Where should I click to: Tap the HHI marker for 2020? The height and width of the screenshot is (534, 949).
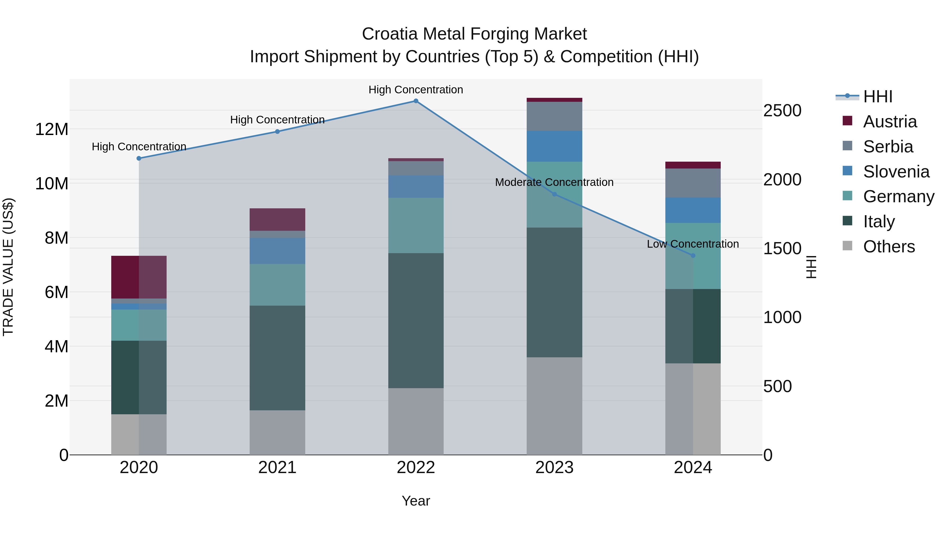[139, 158]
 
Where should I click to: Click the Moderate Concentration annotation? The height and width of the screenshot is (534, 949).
[554, 182]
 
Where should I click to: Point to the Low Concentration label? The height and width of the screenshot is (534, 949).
[693, 244]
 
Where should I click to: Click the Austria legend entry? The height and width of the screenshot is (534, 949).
[889, 122]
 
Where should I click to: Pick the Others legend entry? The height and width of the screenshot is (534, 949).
[889, 247]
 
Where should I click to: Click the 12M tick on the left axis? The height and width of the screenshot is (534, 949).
[52, 129]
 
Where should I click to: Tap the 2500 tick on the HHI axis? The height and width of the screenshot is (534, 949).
[782, 110]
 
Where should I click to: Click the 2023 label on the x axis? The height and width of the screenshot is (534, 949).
[554, 468]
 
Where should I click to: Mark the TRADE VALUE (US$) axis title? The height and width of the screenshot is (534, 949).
[8, 267]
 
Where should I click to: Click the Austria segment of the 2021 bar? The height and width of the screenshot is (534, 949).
[277, 219]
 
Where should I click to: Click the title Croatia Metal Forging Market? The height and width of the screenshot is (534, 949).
[474, 34]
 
